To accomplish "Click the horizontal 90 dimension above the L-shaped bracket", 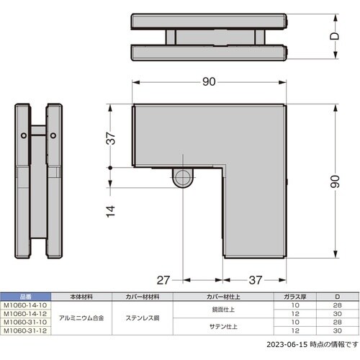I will [x=209, y=82].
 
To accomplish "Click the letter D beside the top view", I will [x=334, y=35].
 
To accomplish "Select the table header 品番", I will [x=25, y=296].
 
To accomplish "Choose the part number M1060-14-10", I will [x=25, y=303].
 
